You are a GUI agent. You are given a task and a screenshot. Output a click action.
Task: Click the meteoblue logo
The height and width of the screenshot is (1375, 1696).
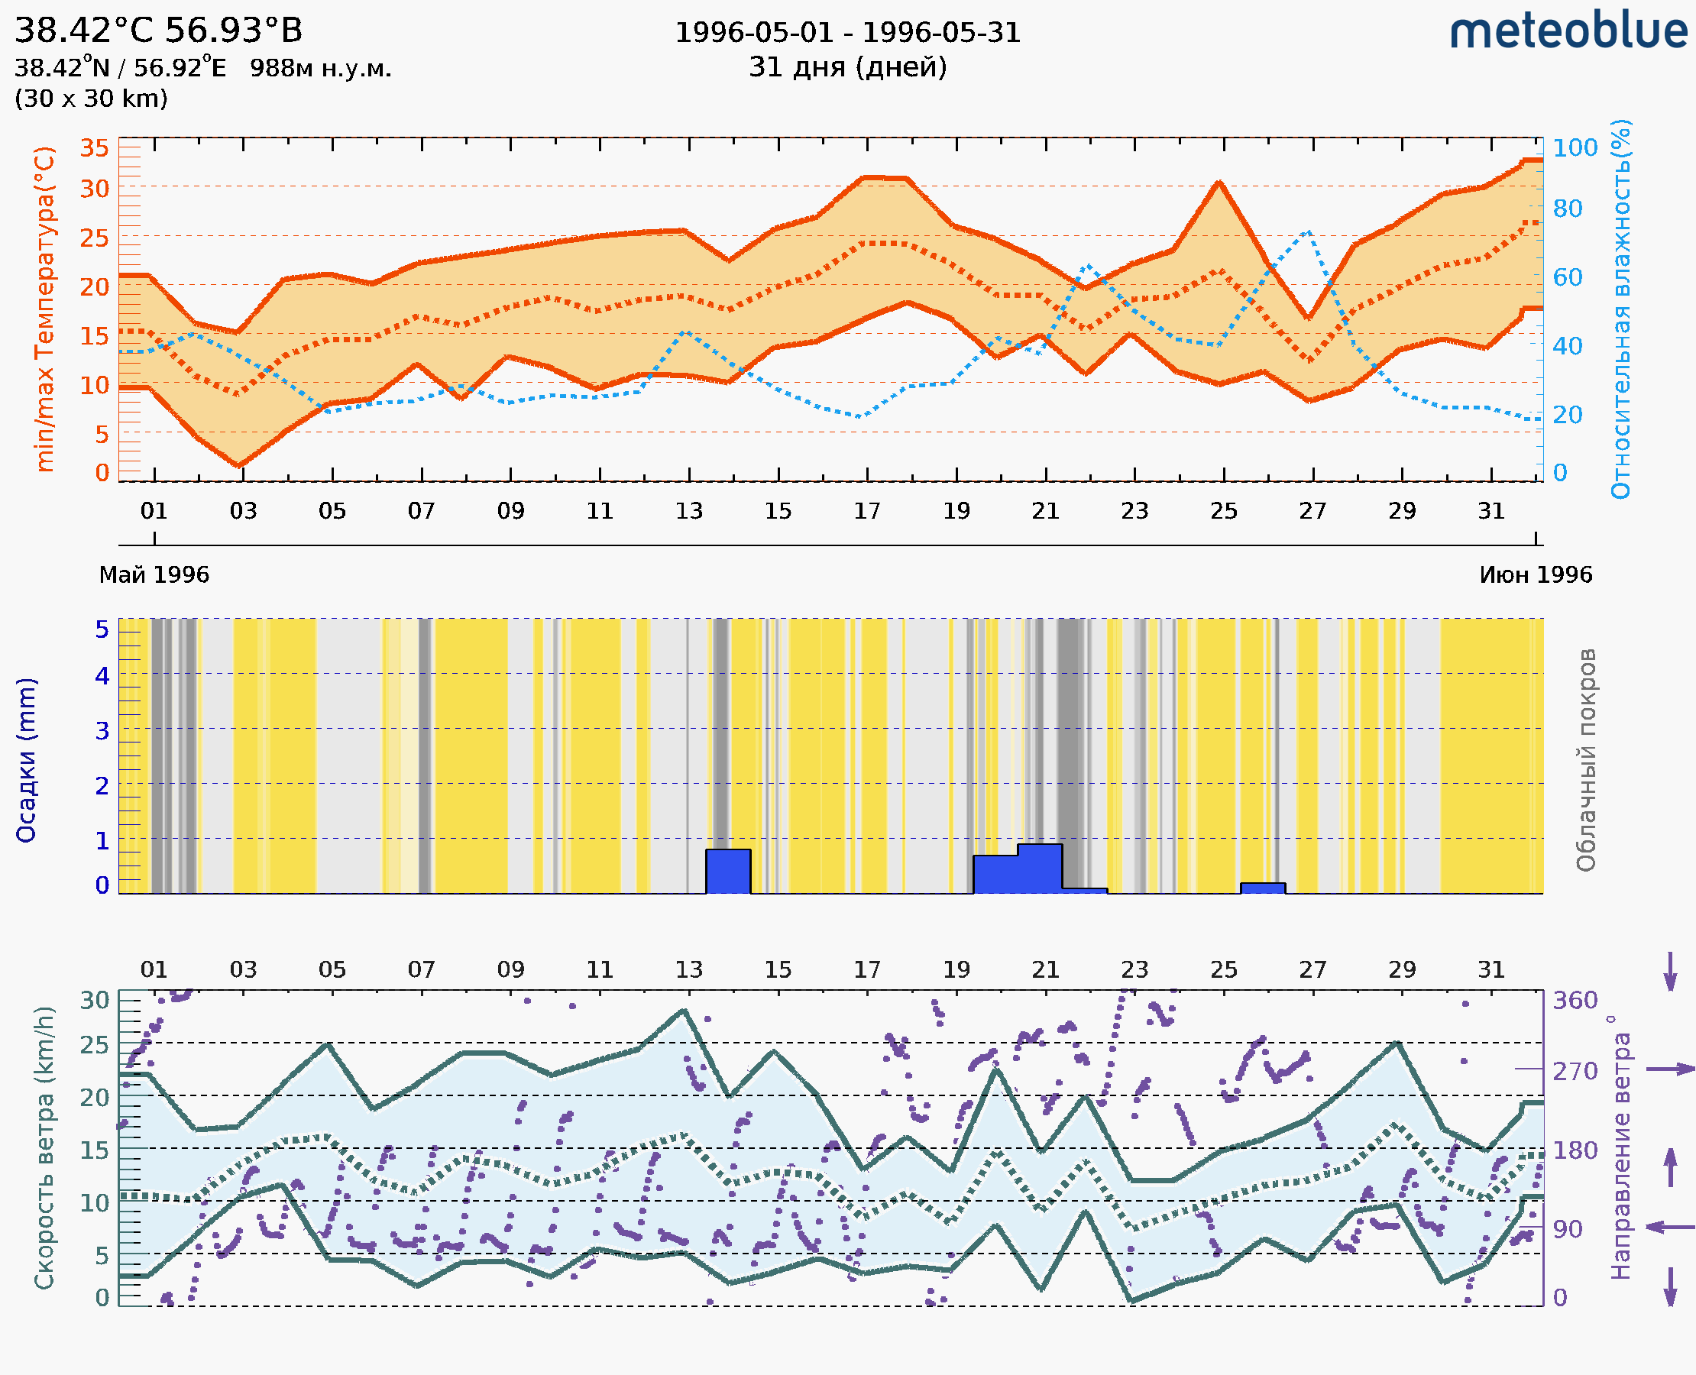1568,31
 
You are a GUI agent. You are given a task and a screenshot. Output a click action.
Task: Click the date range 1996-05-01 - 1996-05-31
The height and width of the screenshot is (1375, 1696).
847,33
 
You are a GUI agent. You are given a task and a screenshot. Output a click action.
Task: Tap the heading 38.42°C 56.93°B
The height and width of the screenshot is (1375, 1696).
158,31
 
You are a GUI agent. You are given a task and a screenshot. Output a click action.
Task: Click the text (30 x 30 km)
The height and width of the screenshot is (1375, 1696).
91,99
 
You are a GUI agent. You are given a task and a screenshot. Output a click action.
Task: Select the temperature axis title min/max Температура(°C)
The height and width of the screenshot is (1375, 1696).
45,309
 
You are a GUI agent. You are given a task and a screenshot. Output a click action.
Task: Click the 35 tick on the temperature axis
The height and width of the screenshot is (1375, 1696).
94,148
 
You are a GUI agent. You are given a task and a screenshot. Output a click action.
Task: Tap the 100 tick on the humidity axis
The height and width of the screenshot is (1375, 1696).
1575,148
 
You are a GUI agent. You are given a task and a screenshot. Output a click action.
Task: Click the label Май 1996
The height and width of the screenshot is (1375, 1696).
154,575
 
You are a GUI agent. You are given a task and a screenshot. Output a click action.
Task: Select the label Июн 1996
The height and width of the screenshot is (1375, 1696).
1536,575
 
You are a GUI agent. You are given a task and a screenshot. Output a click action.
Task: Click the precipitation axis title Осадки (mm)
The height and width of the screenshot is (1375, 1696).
26,760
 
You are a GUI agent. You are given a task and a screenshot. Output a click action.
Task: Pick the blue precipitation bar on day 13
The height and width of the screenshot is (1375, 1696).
728,872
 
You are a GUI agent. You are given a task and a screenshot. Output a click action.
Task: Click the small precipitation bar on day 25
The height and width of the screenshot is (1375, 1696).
1263,888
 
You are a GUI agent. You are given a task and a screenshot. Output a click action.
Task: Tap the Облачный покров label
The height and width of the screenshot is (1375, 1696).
1586,760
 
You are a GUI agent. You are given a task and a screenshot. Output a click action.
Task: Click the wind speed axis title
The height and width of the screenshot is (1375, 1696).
44,1148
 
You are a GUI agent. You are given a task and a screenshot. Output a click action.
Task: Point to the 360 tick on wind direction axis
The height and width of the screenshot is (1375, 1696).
1575,1001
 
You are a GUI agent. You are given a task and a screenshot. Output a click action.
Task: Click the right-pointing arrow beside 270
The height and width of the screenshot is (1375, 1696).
1670,1069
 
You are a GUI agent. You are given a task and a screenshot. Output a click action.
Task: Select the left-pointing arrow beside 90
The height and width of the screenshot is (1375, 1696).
1670,1227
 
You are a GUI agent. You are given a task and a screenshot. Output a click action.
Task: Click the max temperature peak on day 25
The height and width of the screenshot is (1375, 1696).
1219,183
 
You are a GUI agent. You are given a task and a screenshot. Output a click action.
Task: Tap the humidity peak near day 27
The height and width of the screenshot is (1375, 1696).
1308,232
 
